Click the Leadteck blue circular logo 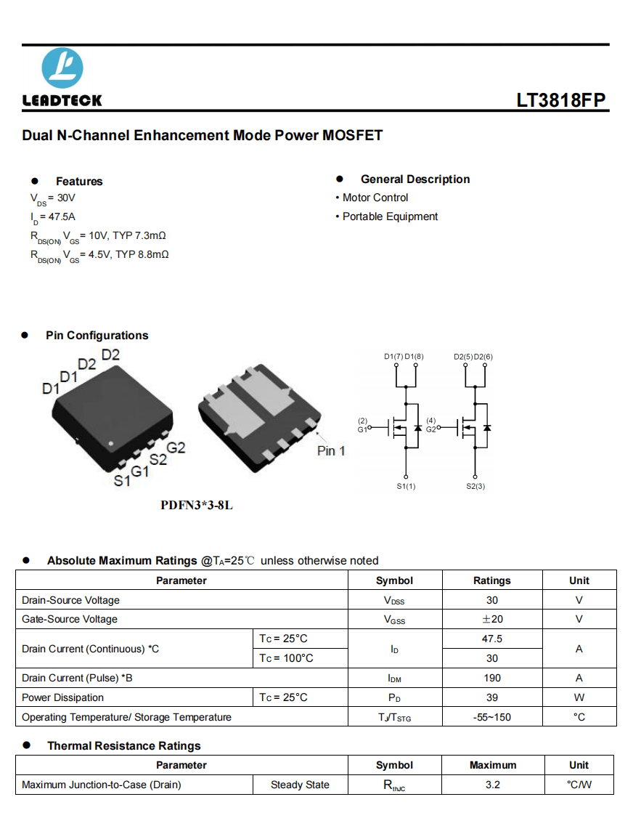click(x=62, y=68)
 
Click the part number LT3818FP click(x=560, y=100)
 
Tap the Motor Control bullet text click(x=375, y=198)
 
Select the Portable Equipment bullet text click(x=390, y=216)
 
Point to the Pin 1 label click(x=331, y=451)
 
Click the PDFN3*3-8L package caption click(x=197, y=505)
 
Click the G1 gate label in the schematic click(x=362, y=429)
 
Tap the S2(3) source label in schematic click(x=475, y=486)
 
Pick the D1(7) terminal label click(x=393, y=357)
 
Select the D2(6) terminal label click(x=483, y=357)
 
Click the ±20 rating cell click(x=492, y=619)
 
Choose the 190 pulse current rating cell click(x=492, y=678)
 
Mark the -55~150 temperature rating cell click(x=492, y=717)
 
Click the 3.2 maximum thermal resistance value click(x=493, y=785)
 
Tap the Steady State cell click(x=300, y=785)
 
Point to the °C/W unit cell click(x=579, y=785)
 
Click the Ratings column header click(x=492, y=580)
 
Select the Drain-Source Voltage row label click(x=71, y=600)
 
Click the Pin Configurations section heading click(x=97, y=336)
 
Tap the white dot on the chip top click(x=111, y=443)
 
